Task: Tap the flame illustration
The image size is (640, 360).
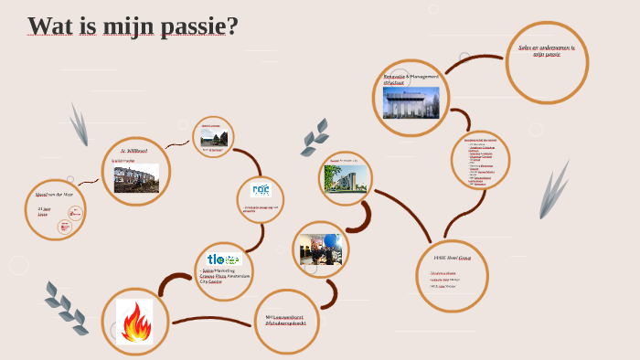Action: (135, 321)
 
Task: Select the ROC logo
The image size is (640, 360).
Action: (261, 191)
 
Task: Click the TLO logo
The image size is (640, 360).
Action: (223, 259)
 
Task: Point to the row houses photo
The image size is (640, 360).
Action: (136, 178)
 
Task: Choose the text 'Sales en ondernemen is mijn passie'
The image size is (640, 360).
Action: (546, 51)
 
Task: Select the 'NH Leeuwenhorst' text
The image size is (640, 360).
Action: (286, 316)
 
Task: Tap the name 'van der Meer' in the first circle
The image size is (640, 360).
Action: (63, 195)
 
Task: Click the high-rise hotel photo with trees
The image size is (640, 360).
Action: (348, 178)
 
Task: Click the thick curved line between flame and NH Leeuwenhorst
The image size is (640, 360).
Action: (210, 321)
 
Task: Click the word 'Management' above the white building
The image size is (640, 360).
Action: (424, 77)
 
